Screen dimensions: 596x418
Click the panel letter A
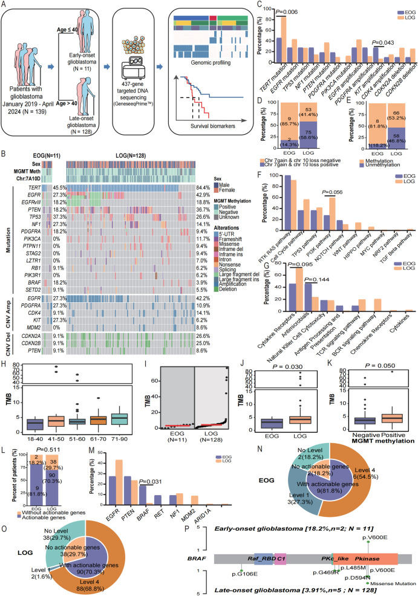4,5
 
